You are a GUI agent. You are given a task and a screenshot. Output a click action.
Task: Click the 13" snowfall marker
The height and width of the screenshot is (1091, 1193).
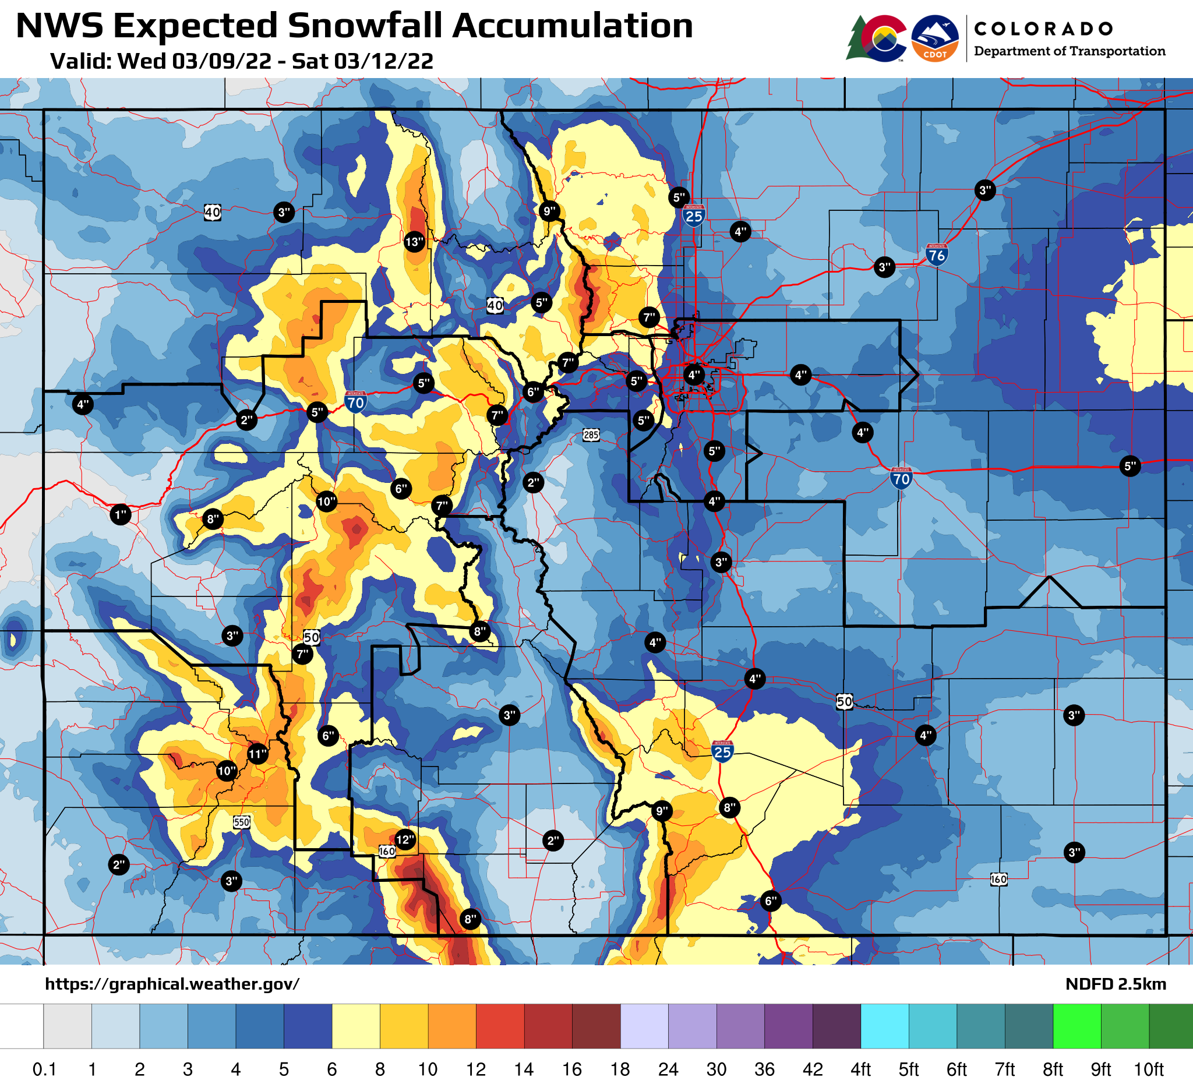tap(414, 242)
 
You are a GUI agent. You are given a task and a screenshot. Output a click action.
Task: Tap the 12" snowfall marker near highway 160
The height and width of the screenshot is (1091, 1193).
tap(405, 839)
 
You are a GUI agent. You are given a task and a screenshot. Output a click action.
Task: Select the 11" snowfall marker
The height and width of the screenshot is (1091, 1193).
tap(257, 754)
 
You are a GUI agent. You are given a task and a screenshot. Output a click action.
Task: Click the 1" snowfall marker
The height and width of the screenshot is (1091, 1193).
tap(121, 515)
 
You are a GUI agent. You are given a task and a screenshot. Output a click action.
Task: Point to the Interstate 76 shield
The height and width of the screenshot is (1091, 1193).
tap(936, 255)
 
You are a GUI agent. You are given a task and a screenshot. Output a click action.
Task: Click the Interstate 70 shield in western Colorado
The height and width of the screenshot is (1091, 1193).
tap(355, 402)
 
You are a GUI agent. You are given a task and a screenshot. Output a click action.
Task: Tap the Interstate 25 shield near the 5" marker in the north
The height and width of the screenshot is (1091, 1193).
tap(694, 216)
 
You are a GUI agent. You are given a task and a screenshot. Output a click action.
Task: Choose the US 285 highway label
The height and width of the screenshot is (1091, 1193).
tap(591, 436)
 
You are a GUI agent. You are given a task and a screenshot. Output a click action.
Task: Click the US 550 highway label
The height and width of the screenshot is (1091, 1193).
tap(241, 822)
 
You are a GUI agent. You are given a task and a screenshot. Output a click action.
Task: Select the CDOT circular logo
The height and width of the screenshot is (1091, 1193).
tap(935, 38)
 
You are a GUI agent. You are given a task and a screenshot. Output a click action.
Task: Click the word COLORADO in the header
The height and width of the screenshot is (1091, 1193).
tap(1043, 29)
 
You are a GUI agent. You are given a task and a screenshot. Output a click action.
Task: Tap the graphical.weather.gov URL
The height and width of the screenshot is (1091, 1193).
tap(172, 984)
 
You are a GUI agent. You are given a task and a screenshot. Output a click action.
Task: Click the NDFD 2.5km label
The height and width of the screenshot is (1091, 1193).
tap(1115, 984)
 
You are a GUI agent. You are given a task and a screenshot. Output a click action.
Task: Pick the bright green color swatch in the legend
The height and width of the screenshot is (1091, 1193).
tap(1077, 1026)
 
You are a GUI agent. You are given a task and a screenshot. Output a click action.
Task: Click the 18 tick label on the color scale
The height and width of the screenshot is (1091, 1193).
tap(620, 1069)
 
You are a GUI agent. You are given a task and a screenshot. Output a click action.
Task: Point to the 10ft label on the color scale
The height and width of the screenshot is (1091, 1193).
tap(1148, 1069)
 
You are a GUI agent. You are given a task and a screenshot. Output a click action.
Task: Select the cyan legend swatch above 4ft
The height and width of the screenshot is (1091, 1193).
tap(884, 1026)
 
